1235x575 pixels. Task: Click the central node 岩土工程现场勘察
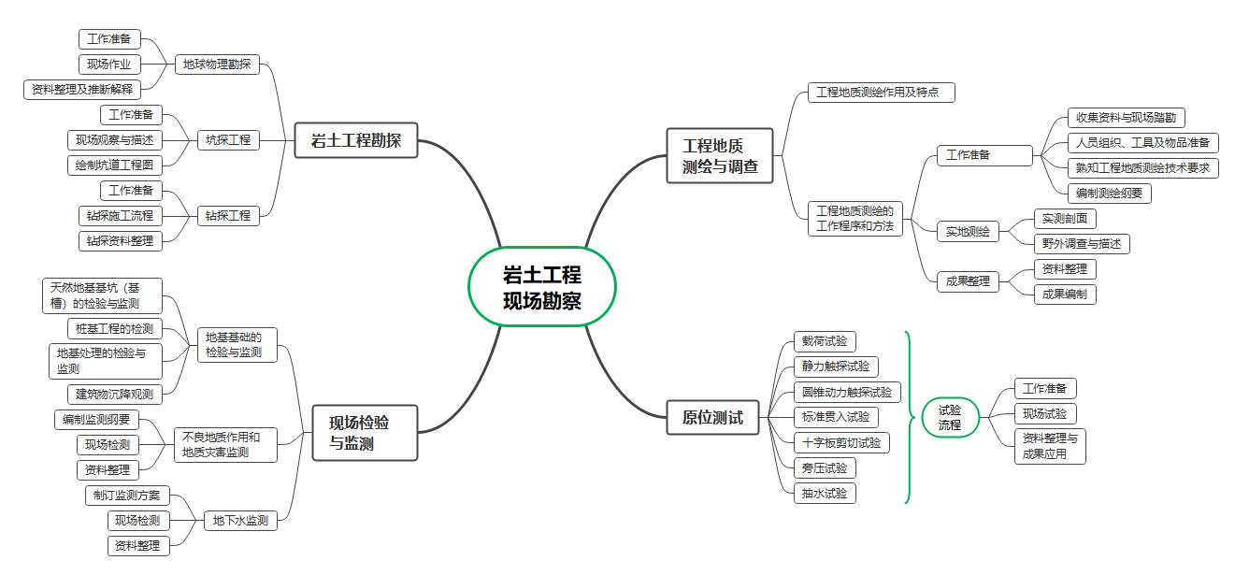pos(541,287)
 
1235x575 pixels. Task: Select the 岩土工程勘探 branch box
pos(355,140)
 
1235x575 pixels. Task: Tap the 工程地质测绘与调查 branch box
pos(720,156)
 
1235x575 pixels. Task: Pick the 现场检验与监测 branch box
pos(364,433)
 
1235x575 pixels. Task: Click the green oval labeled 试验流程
pos(950,417)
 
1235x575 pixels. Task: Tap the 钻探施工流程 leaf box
pos(121,216)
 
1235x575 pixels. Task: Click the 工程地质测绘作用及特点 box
pos(881,93)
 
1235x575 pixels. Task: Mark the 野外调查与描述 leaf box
pos(1082,244)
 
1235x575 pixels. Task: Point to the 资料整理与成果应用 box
pos(1050,446)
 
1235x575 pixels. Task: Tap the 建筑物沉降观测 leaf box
pos(115,394)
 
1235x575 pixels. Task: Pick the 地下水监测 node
pos(240,521)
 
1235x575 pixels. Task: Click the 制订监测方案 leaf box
pos(127,496)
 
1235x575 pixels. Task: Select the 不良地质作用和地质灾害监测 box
pos(225,444)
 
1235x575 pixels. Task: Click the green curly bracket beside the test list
pos(908,417)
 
